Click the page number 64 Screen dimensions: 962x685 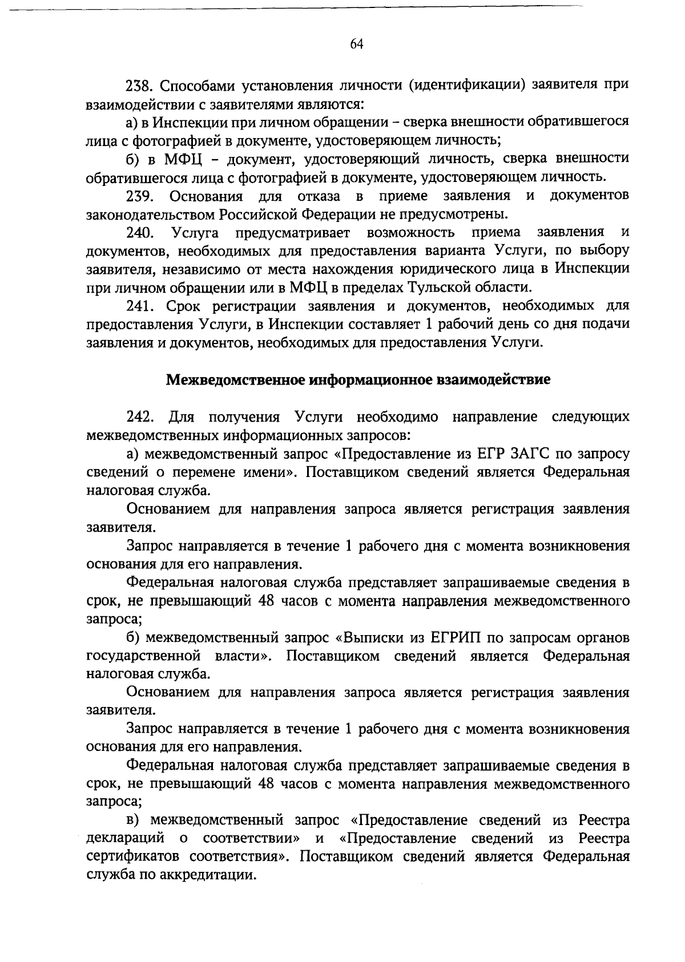click(357, 45)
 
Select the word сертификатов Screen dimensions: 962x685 click(134, 857)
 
